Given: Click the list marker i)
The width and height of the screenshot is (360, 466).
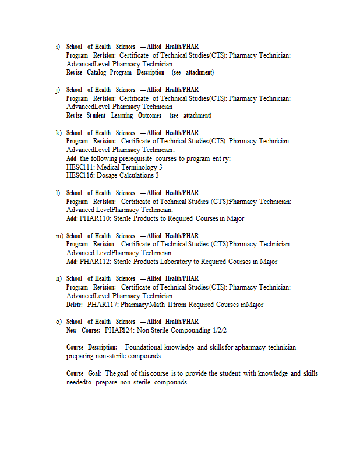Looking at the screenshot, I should [x=58, y=47].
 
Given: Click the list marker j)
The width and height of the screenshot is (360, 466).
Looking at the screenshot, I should [x=58, y=90].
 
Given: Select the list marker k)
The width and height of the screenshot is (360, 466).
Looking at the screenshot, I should [x=58, y=133].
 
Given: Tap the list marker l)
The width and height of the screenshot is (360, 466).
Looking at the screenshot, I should [x=58, y=193].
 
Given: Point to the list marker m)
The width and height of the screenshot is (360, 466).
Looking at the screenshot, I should [x=59, y=236].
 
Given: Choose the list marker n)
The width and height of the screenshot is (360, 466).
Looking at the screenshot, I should [x=58, y=278].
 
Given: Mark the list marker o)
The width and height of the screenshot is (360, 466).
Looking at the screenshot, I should [x=58, y=322].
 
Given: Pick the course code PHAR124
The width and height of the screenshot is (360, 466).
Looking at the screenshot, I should [x=119, y=330].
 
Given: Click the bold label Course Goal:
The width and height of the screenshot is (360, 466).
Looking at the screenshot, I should [x=84, y=373].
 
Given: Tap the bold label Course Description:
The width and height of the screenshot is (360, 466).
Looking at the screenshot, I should [x=92, y=347].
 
